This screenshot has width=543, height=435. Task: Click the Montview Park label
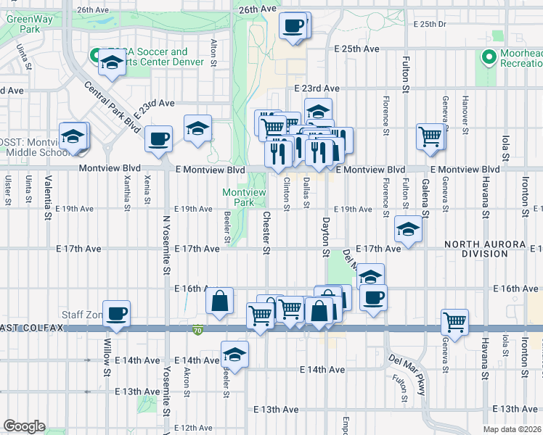coord(243,197)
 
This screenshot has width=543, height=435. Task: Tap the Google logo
coord(24,426)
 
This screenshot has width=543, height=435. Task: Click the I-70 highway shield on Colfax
coord(198,331)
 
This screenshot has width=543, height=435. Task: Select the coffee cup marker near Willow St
coord(116,314)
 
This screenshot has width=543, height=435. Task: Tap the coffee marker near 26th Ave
coord(293,27)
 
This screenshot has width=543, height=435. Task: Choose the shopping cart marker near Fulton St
coord(430,136)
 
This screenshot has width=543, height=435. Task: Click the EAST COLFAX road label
coord(33,328)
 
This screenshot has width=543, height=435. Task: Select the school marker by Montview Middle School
coord(73,136)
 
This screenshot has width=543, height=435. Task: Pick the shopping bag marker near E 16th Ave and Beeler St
coord(219,301)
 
